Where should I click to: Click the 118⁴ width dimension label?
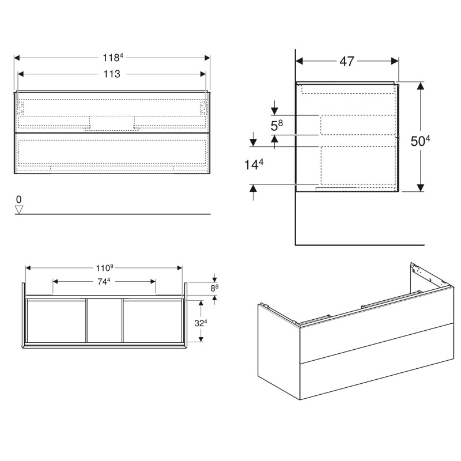112,58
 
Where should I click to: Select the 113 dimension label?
112,74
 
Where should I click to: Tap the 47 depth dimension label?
347,61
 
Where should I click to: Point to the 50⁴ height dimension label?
420,141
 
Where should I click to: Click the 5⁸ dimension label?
277,126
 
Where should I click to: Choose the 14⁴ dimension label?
254,164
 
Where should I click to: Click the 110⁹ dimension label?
105,268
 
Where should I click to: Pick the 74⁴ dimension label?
104,281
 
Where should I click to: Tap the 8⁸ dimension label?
214,288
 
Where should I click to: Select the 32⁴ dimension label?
201,323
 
